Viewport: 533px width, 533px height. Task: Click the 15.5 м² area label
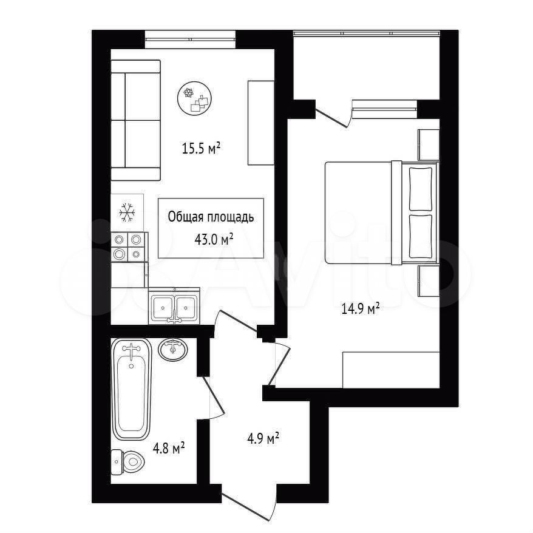tap(202, 149)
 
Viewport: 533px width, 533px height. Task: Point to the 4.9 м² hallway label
tap(263, 438)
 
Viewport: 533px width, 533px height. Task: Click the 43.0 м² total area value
tap(214, 240)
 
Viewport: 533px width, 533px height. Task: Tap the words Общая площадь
tap(211, 217)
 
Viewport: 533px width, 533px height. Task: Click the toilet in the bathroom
tap(128, 461)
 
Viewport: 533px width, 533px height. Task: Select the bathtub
tap(131, 389)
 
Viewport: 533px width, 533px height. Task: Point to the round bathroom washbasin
tap(173, 349)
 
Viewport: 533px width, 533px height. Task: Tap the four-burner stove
tap(128, 247)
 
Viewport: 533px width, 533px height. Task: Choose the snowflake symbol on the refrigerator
tap(127, 213)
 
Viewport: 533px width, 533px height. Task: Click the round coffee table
tap(195, 98)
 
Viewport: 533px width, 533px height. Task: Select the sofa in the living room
tap(135, 120)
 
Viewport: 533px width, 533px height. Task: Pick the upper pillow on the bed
tap(421, 189)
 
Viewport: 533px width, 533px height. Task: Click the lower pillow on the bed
tap(421, 237)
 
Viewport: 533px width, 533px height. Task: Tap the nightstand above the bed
tap(429, 145)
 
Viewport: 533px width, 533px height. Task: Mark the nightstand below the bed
tap(429, 281)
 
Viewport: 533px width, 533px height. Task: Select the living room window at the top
tap(191, 39)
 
